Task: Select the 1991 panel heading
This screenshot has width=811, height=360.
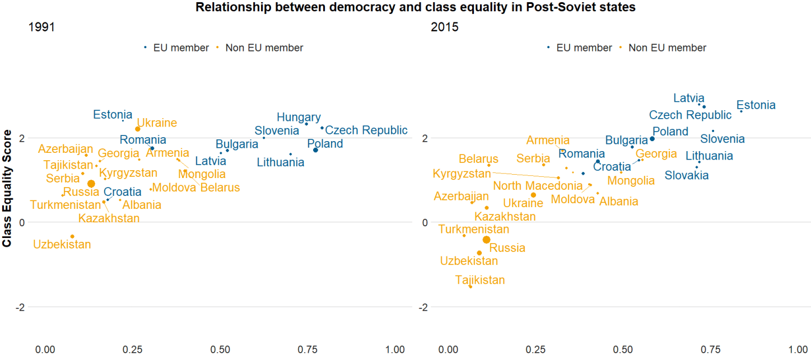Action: click(41, 27)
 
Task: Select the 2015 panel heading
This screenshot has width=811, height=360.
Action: click(444, 27)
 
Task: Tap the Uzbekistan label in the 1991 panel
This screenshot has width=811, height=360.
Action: click(62, 244)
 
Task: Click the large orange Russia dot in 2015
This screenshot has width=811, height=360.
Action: click(486, 240)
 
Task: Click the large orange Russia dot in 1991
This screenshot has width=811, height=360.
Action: click(91, 184)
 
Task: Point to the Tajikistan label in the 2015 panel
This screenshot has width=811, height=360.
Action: click(480, 280)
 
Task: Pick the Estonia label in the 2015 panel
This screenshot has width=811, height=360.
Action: click(756, 105)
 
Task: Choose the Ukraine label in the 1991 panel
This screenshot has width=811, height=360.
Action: click(157, 123)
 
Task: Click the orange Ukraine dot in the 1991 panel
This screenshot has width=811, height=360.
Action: click(138, 129)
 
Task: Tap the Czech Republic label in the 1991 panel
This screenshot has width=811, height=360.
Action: click(366, 130)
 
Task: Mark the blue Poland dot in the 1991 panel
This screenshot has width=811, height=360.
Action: click(316, 150)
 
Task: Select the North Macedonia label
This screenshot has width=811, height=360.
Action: click(538, 185)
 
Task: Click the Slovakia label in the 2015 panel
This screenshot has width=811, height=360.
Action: click(686, 175)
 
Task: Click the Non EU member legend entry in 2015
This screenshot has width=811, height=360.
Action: click(667, 48)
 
